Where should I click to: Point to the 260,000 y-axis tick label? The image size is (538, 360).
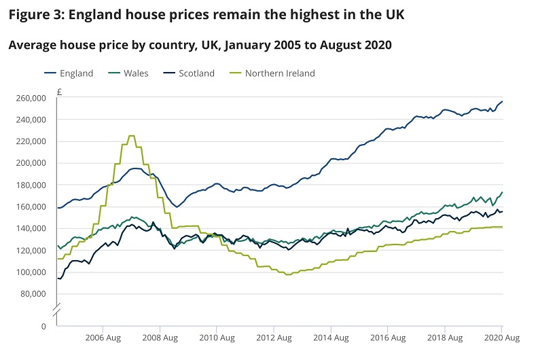[x=30, y=98]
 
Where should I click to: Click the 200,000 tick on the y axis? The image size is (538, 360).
[x=30, y=163]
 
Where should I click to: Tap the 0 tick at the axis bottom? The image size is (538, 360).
[x=43, y=326]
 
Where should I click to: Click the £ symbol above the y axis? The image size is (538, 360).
[x=60, y=90]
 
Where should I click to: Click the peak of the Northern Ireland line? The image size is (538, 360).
[x=132, y=136]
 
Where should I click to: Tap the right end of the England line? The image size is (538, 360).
[x=503, y=101]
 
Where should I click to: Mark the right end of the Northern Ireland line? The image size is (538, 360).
[x=503, y=227]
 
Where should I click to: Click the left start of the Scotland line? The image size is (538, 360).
[x=58, y=278]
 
